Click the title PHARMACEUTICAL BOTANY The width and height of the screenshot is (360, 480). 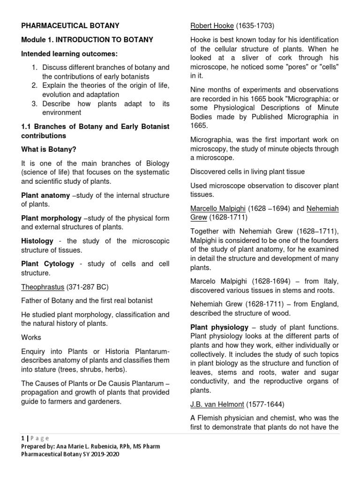point(70,26)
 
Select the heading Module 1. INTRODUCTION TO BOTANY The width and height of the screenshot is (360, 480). point(87,40)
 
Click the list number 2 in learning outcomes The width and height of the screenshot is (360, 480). point(35,86)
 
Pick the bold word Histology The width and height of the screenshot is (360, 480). point(37,241)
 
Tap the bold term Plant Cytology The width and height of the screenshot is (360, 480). point(48,264)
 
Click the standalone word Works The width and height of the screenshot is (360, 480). point(31,337)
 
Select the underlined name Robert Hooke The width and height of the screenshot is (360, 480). point(212,26)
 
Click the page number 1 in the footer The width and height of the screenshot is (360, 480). point(22,438)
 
